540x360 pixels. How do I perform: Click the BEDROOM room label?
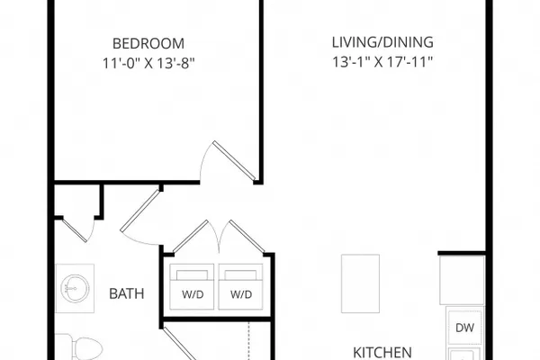click(x=148, y=44)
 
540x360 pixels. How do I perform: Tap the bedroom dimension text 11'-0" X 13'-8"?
click(x=148, y=63)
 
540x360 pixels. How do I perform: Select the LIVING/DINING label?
click(x=382, y=42)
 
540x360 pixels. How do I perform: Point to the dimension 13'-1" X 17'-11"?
click(x=382, y=62)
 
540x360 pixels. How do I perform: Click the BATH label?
click(x=126, y=294)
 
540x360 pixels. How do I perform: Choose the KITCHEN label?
click(x=382, y=353)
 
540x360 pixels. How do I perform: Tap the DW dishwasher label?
click(x=464, y=328)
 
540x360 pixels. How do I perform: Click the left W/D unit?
click(x=192, y=286)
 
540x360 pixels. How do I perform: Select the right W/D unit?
click(x=240, y=286)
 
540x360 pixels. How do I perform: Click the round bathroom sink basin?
click(x=75, y=288)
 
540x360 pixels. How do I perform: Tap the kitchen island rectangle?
click(x=360, y=283)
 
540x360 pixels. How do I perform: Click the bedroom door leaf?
click(x=234, y=160)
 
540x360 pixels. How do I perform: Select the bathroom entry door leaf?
click(x=140, y=211)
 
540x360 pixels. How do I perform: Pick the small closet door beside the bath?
click(x=75, y=229)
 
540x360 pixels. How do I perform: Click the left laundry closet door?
click(x=191, y=237)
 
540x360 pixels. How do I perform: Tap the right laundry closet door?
click(x=247, y=237)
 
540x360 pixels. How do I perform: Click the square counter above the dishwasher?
click(x=463, y=280)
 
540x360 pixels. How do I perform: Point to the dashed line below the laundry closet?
click(x=248, y=341)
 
